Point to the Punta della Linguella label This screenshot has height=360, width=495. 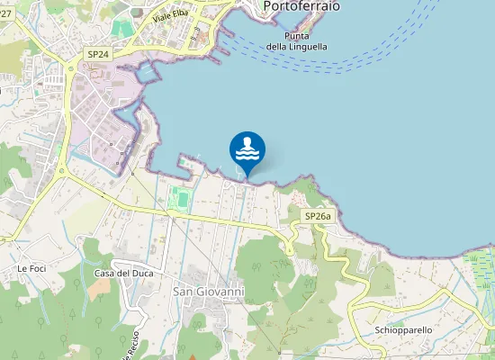click(x=297, y=40)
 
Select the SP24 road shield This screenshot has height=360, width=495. click(x=98, y=54)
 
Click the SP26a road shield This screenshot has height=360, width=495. click(x=318, y=216)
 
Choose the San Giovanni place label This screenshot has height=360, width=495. click(x=208, y=292)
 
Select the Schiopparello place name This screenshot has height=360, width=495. click(x=404, y=330)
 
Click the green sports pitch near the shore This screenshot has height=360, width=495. click(x=181, y=199)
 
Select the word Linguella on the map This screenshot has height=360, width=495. click(x=309, y=46)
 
